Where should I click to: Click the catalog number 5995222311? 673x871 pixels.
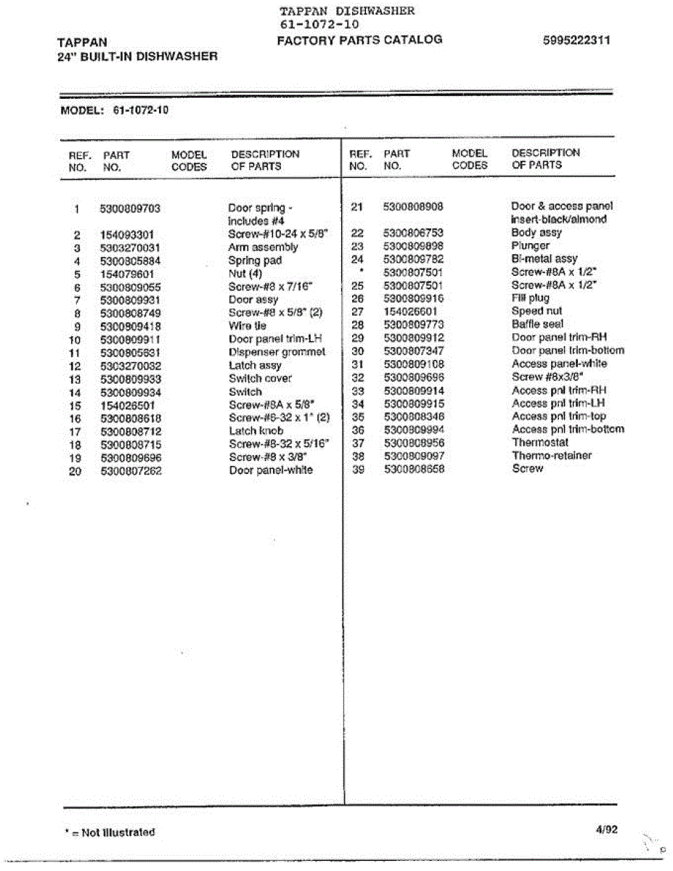click(576, 40)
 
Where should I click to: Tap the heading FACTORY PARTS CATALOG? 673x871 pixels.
click(359, 40)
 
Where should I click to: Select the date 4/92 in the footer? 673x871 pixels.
click(607, 830)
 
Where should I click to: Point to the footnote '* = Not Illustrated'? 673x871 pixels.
click(110, 833)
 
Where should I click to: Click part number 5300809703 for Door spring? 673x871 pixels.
click(130, 208)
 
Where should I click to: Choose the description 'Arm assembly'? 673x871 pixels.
click(263, 248)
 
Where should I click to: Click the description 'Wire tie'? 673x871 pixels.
click(247, 326)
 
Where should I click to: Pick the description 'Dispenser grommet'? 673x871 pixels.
click(277, 352)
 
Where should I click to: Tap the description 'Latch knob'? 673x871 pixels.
click(256, 430)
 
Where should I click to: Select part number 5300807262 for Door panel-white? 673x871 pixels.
click(130, 470)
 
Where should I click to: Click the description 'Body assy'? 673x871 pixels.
click(536, 233)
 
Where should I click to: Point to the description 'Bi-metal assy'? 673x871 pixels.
click(544, 259)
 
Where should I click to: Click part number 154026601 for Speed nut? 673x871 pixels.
click(410, 311)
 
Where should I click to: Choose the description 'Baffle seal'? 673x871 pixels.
click(537, 324)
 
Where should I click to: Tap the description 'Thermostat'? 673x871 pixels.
click(540, 443)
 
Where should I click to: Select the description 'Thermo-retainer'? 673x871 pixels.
click(551, 456)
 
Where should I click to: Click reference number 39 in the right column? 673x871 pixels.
click(356, 469)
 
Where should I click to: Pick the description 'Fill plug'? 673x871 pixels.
click(530, 298)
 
